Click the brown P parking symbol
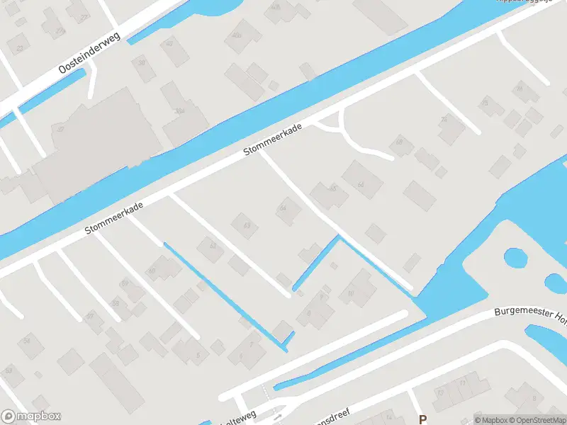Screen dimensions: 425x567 (422, 419)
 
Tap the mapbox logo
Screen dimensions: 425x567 (30, 417)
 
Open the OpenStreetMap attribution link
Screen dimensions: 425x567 (537, 419)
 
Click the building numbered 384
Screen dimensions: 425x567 (179, 111)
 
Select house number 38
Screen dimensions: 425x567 (142, 62)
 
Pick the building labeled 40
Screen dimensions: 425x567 (169, 43)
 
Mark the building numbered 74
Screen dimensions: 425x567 (444, 119)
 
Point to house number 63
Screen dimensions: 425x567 (247, 225)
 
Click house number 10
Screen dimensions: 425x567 (350, 292)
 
